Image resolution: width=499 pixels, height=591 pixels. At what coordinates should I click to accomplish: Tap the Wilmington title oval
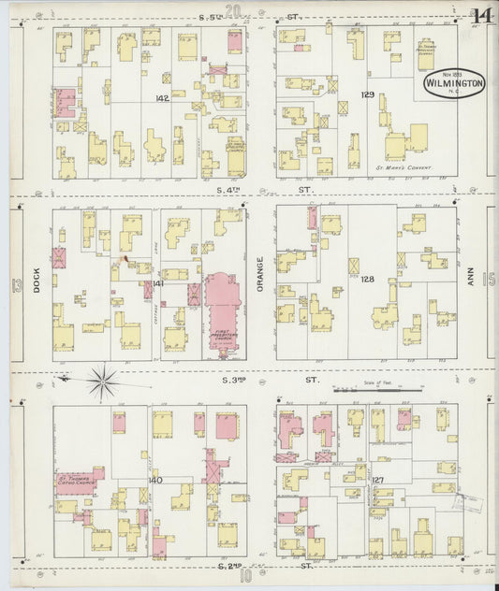tap(454, 82)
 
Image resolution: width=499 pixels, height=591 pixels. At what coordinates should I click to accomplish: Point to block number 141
tap(158, 282)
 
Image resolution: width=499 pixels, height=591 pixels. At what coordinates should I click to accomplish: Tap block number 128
tap(367, 280)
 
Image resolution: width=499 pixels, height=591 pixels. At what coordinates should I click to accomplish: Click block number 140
tap(155, 480)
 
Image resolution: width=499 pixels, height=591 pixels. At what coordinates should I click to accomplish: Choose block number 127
tap(377, 480)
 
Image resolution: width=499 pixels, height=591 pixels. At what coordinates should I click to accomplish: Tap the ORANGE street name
tap(261, 275)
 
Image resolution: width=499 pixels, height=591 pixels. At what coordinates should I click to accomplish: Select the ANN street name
tap(473, 280)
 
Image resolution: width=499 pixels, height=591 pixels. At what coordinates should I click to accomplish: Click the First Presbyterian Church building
tap(222, 309)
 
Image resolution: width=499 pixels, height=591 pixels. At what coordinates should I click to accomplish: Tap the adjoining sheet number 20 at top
tap(233, 11)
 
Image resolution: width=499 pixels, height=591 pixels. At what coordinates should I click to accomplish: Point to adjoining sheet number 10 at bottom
tap(245, 577)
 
